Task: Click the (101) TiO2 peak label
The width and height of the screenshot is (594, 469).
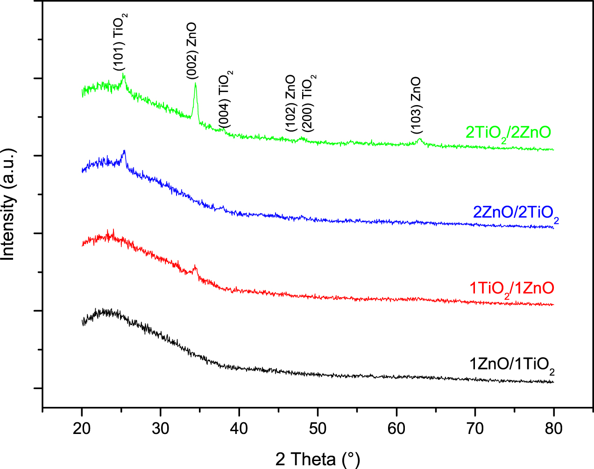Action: coord(120,42)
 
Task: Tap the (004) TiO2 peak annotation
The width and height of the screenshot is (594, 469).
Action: coord(226,99)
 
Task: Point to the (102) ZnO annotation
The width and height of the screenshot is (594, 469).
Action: coord(290,103)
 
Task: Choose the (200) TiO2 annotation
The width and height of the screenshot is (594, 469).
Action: coord(309,103)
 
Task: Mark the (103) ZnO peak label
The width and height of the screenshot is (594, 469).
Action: coord(416,106)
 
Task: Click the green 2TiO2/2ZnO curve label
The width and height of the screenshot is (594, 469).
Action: coord(508,133)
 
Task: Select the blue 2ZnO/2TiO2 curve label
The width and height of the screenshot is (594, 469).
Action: coord(516,213)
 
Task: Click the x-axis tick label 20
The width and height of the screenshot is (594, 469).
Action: coord(82,428)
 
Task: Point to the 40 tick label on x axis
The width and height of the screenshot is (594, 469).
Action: coord(239,428)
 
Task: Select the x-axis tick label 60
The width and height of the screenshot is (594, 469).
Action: coord(396,428)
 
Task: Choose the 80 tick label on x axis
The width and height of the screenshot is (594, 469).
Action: coord(554,428)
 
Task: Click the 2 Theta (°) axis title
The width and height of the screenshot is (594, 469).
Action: coord(318,459)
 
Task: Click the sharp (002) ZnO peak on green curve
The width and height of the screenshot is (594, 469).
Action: coord(195,84)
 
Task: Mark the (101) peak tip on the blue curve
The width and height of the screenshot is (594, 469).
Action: coord(124,151)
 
